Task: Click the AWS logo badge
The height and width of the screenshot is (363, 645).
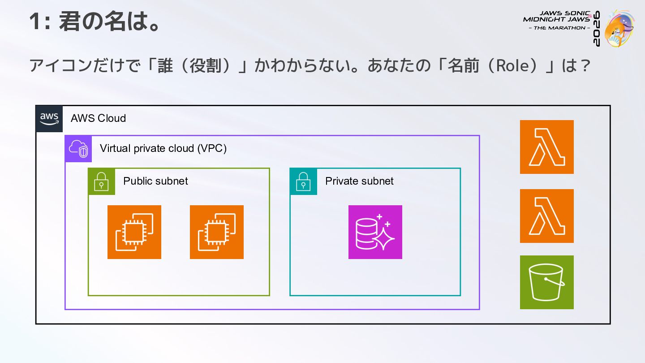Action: (x=49, y=119)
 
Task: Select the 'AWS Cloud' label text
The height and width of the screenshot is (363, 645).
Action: (x=98, y=118)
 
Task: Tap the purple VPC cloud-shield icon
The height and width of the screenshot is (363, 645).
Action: (x=78, y=149)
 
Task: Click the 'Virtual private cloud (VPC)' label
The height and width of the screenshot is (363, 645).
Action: (x=163, y=148)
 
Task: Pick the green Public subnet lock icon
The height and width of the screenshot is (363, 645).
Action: (x=102, y=181)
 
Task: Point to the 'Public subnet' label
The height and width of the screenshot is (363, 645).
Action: (x=155, y=181)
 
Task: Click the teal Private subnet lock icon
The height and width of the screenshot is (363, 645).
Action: (x=304, y=181)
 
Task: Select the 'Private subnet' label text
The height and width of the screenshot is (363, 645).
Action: (x=359, y=181)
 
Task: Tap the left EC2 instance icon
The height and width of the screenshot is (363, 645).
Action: (x=134, y=232)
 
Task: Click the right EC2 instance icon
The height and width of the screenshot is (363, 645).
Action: (x=216, y=232)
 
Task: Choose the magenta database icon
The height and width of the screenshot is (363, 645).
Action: (x=375, y=232)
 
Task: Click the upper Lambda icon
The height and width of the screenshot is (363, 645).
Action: (x=547, y=147)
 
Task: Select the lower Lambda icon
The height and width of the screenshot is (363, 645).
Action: (x=547, y=216)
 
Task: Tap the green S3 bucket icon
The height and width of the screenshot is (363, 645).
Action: (x=547, y=282)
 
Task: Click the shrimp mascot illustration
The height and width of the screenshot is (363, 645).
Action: (x=619, y=29)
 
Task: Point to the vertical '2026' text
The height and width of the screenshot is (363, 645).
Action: (x=597, y=29)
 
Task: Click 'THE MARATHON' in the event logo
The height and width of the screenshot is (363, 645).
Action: (x=559, y=28)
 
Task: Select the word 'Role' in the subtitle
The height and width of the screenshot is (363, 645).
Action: (x=512, y=66)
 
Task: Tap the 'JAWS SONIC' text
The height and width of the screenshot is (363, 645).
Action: (x=564, y=13)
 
